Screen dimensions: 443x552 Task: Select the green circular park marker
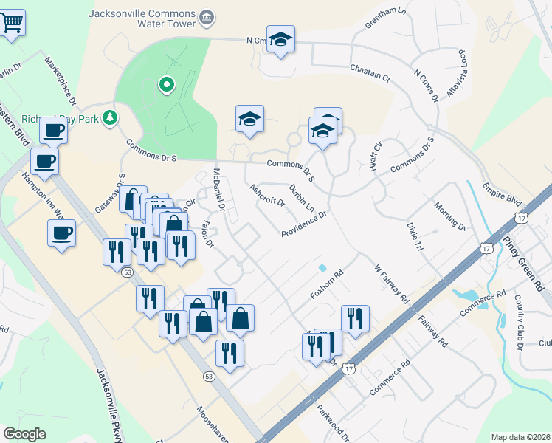pyautogui.click(x=167, y=85)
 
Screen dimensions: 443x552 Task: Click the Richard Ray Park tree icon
pyautogui.click(x=110, y=117)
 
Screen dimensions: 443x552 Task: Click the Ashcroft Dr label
pyautogui.click(x=267, y=196)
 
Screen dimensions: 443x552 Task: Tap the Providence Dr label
pyautogui.click(x=303, y=224)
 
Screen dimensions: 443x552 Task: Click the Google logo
pyautogui.click(x=25, y=433)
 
